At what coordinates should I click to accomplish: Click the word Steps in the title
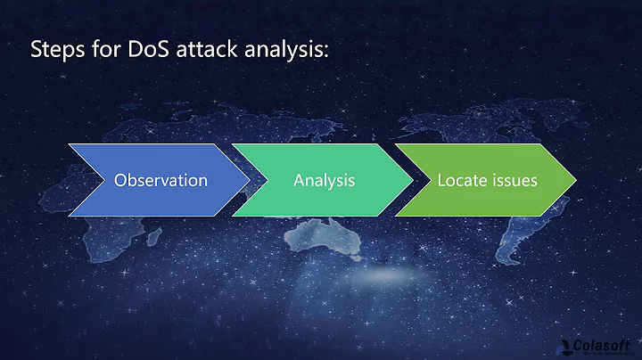(54, 51)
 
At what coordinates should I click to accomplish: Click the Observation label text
(160, 180)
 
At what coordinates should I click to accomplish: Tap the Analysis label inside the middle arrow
(325, 180)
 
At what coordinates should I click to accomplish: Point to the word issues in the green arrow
(514, 180)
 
